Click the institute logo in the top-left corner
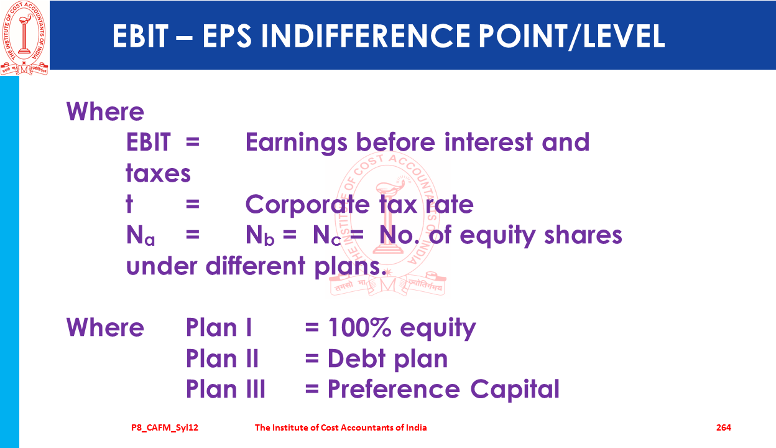tap(24, 38)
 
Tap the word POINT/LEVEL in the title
tap(571, 36)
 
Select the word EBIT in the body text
tap(148, 142)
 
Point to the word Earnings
tap(296, 143)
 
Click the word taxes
tap(158, 172)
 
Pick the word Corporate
tap(308, 205)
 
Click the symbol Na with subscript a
tap(141, 235)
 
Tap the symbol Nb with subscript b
tap(260, 235)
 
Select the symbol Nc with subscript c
tap(326, 235)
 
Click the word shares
tap(583, 235)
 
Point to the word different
tap(256, 265)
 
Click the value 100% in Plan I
tap(359, 327)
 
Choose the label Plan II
tap(222, 358)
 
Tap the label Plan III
tap(226, 389)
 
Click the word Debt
tap(356, 358)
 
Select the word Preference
tap(394, 389)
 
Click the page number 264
tap(724, 427)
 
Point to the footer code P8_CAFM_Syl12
tap(165, 428)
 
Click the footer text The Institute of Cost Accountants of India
tap(341, 427)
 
